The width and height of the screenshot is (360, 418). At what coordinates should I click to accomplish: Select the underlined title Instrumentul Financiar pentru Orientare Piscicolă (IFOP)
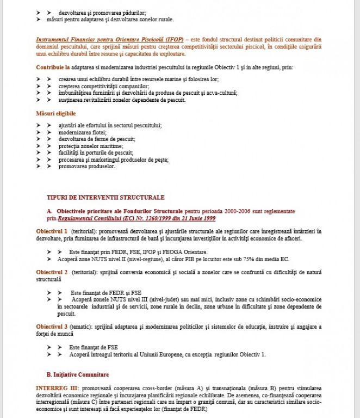click(109, 40)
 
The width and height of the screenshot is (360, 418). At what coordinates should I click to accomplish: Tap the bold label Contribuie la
click(52, 67)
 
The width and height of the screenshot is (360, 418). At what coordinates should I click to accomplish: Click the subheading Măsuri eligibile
click(55, 113)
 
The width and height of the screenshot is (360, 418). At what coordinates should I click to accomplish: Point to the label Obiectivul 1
click(52, 231)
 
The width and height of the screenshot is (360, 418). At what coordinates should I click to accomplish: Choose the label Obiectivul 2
click(52, 272)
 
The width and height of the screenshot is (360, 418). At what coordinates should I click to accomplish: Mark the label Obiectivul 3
click(52, 327)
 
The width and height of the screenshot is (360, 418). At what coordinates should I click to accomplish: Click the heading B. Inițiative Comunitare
click(77, 374)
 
